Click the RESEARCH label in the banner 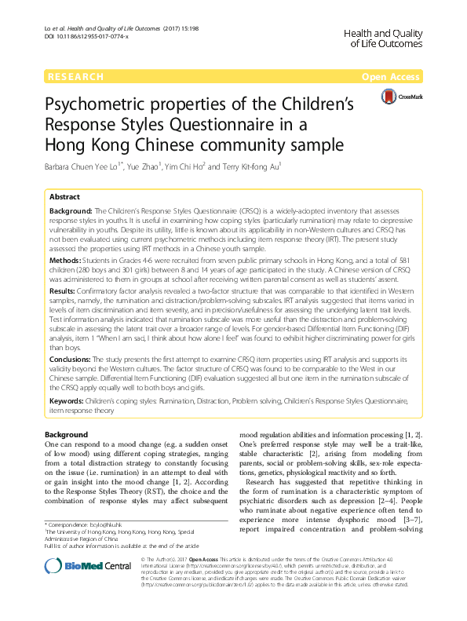(x=75, y=77)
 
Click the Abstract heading (x=64, y=197)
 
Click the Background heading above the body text (x=66, y=434)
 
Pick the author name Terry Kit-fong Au (x=279, y=166)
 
